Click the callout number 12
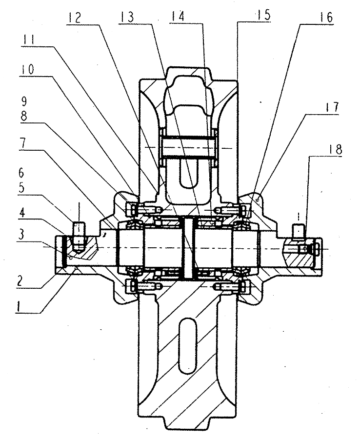[74, 18]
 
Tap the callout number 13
[126, 17]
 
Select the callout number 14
[178, 16]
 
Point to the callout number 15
[263, 15]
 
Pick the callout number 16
[326, 18]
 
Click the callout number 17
[332, 107]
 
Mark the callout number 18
[335, 150]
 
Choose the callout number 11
[28, 40]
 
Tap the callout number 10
[27, 69]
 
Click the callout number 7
[23, 143]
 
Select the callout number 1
[19, 306]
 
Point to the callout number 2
[19, 281]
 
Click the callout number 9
[24, 102]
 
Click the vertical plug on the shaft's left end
[79, 236]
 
